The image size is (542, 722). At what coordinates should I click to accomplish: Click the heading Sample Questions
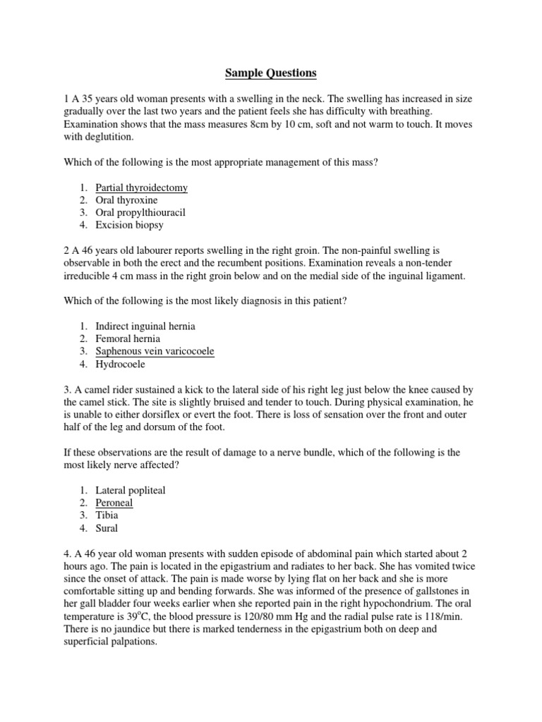[271, 73]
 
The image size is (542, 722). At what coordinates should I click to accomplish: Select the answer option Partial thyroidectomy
[142, 188]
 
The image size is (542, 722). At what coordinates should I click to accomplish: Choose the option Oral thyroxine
[127, 200]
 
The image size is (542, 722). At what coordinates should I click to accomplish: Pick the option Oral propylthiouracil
[140, 212]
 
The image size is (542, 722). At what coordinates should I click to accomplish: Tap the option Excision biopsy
[129, 225]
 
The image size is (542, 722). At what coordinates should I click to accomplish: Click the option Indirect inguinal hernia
[145, 326]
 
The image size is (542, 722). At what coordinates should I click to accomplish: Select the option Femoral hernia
[128, 338]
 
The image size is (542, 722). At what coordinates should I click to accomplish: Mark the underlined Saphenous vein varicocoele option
[155, 351]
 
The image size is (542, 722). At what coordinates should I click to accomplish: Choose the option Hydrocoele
[121, 364]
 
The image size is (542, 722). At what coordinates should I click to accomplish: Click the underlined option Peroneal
[114, 503]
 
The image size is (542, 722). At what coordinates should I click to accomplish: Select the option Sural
[107, 527]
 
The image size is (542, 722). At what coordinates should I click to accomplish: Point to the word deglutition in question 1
[109, 137]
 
